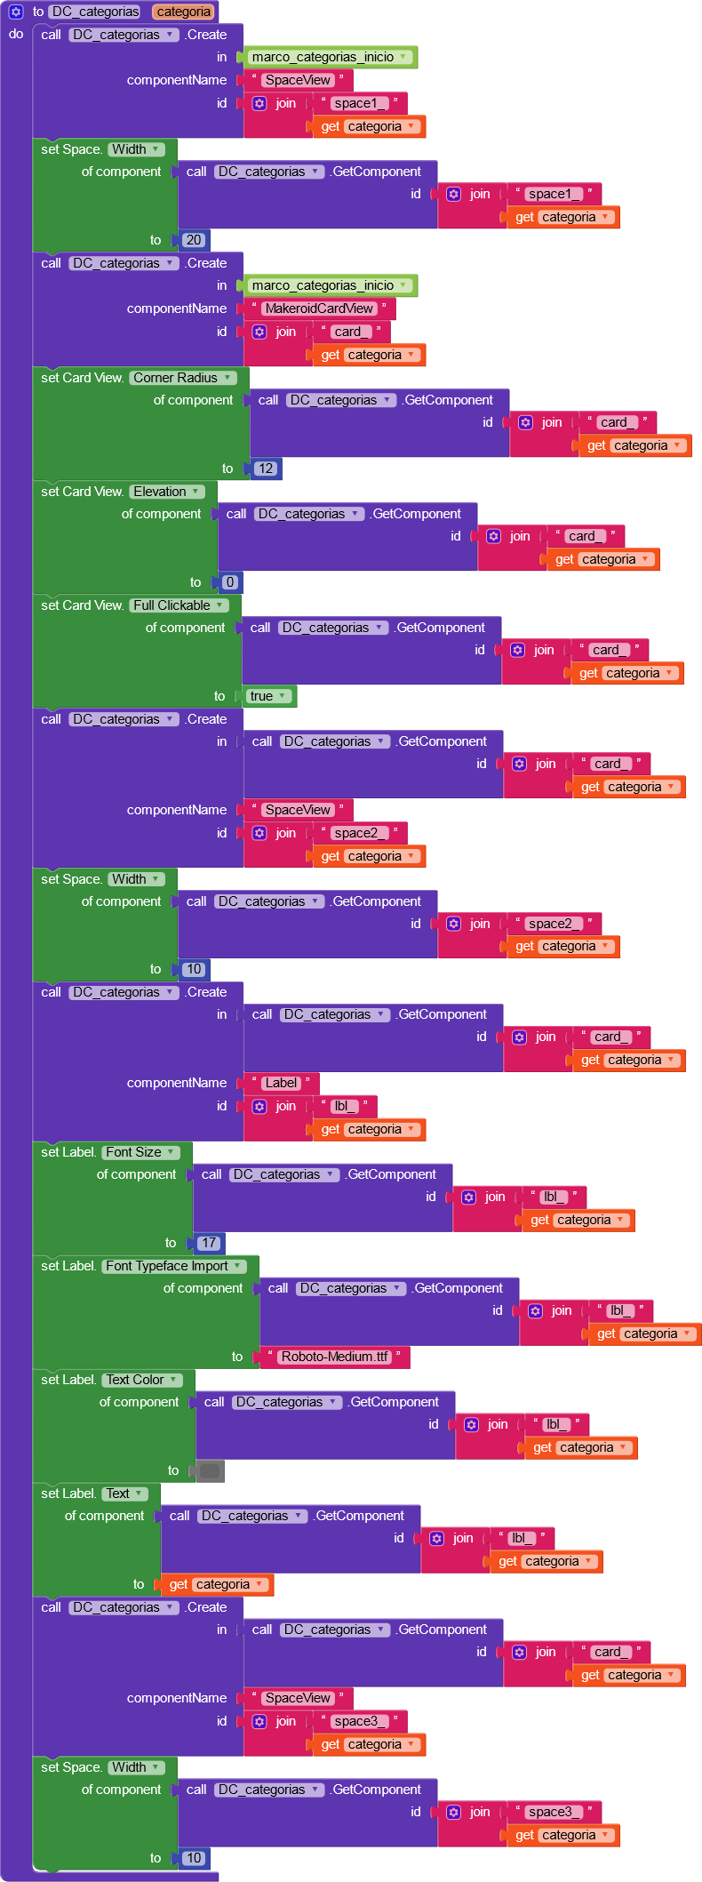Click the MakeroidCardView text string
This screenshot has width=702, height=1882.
[319, 308]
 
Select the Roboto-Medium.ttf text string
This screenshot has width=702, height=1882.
[334, 1357]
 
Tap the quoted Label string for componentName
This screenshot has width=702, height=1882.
[281, 1083]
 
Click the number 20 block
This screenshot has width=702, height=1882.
[194, 240]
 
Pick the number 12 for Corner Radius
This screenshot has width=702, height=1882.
[266, 468]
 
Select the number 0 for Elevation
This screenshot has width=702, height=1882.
[230, 582]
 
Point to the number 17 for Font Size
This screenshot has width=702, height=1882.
[209, 1243]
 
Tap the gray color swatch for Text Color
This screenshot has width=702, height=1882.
[210, 1470]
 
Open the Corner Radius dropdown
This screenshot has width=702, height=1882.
[183, 378]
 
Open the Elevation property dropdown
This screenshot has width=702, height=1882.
[167, 492]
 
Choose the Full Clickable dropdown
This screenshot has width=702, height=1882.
[179, 605]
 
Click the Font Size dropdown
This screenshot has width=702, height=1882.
[140, 1152]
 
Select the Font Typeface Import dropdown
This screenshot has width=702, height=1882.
[173, 1266]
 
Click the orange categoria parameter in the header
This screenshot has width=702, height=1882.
[184, 12]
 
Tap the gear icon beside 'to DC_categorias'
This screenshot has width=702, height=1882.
[16, 12]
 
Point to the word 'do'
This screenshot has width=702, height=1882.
[16, 34]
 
